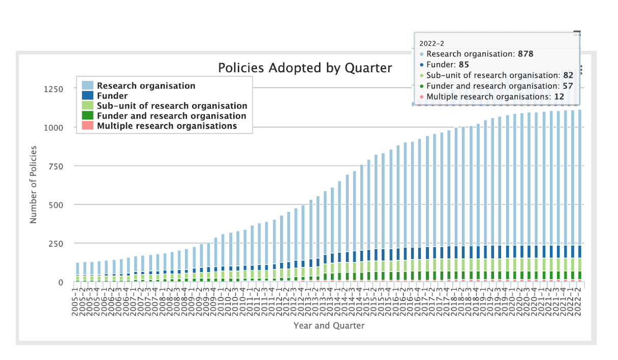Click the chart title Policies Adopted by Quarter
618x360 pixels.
pyautogui.click(x=305, y=68)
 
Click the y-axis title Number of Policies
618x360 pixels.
pyautogui.click(x=34, y=185)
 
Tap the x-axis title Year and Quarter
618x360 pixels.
pyautogui.click(x=329, y=325)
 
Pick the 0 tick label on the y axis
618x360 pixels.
pyautogui.click(x=60, y=282)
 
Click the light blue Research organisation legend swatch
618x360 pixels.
pyautogui.click(x=88, y=86)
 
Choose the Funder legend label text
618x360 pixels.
pyautogui.click(x=112, y=96)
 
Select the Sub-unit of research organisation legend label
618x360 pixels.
pyautogui.click(x=172, y=106)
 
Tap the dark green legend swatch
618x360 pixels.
pyautogui.click(x=88, y=116)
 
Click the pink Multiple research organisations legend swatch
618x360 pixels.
pyautogui.click(x=88, y=126)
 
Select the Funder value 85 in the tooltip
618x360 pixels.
pyautogui.click(x=464, y=65)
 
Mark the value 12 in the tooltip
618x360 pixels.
pyautogui.click(x=559, y=97)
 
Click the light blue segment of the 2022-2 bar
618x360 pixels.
pyautogui.click(x=579, y=178)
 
